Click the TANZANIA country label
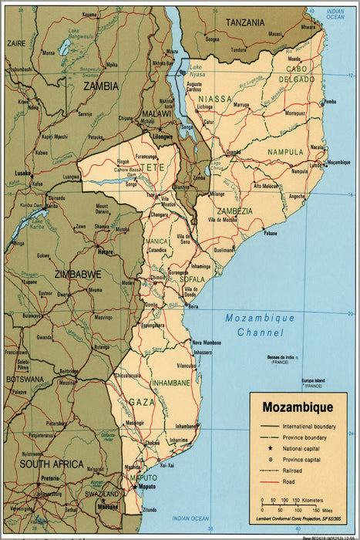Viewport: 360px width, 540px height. (x=245, y=22)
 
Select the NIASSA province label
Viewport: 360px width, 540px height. (x=215, y=100)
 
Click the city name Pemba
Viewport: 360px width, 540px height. (x=330, y=102)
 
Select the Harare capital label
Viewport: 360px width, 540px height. (x=106, y=251)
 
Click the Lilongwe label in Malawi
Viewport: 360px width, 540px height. (x=163, y=137)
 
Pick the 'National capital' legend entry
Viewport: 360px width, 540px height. (x=304, y=447)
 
